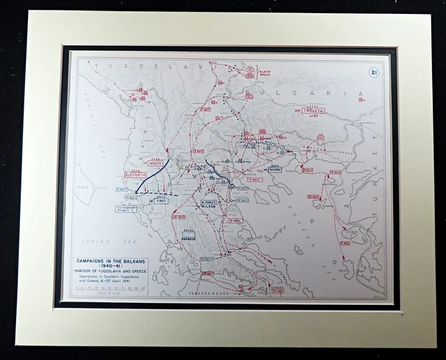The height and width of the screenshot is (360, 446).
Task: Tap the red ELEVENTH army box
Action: point(134,175)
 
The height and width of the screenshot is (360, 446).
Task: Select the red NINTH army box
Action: point(154,163)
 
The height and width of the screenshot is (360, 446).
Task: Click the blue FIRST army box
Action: point(161,201)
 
